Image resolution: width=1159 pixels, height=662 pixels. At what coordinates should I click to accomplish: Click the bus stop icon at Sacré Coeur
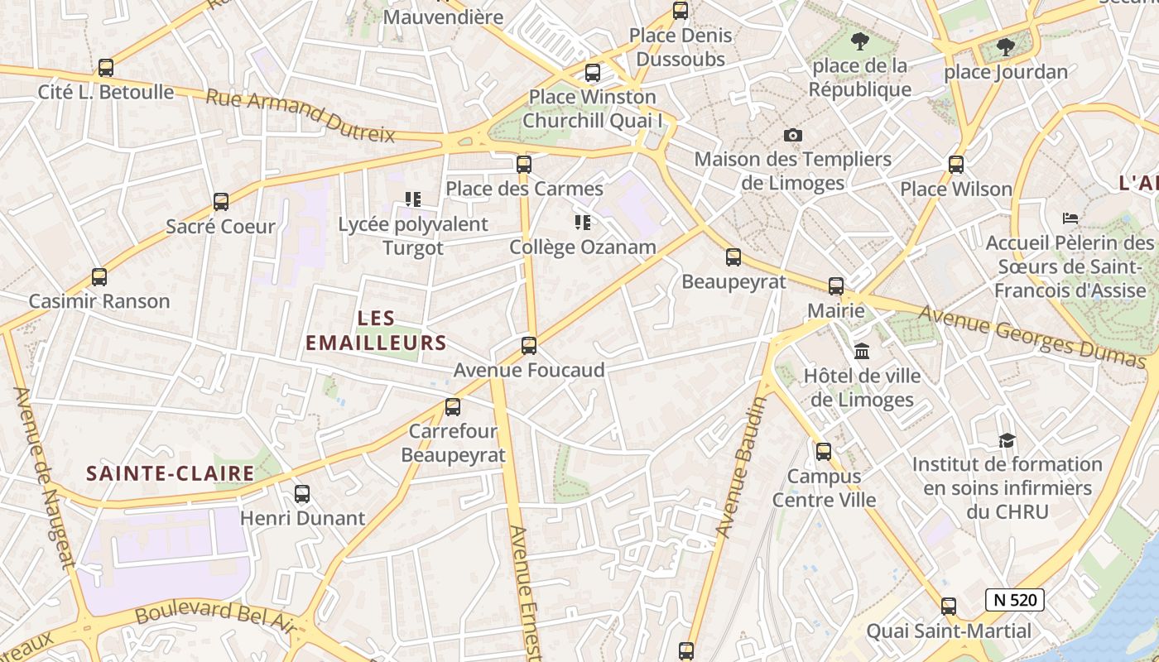[221, 201]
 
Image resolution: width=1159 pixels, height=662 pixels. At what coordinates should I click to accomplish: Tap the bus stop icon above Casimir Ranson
[99, 277]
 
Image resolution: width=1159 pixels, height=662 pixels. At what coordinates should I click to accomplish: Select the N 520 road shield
[1014, 600]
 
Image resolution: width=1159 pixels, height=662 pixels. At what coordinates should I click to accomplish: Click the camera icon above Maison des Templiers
[793, 135]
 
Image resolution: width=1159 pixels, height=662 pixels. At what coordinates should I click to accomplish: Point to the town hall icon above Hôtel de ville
[862, 352]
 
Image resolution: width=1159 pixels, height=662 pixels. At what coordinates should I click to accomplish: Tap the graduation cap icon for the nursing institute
[1007, 440]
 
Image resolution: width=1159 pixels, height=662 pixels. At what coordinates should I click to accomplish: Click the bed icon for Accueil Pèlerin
[1070, 218]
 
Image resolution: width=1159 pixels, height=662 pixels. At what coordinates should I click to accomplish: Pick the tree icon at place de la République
[860, 41]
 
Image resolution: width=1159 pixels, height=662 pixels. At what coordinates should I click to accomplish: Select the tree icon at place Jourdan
[1005, 47]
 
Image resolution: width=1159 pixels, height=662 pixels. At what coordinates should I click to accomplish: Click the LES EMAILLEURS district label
[376, 330]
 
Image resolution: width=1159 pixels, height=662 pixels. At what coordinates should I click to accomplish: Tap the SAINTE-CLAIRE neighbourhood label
[171, 473]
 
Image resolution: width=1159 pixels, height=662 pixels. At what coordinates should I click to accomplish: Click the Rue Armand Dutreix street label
[301, 116]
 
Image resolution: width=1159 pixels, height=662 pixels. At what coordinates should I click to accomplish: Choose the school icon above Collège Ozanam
[583, 223]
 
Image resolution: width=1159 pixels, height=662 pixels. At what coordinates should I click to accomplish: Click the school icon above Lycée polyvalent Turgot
[413, 199]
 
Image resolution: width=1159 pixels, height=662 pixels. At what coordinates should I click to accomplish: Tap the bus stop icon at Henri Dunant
[302, 494]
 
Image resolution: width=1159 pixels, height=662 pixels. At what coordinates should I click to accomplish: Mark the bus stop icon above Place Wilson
[956, 165]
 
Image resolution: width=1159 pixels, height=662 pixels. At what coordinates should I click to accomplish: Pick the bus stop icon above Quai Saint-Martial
[949, 607]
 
